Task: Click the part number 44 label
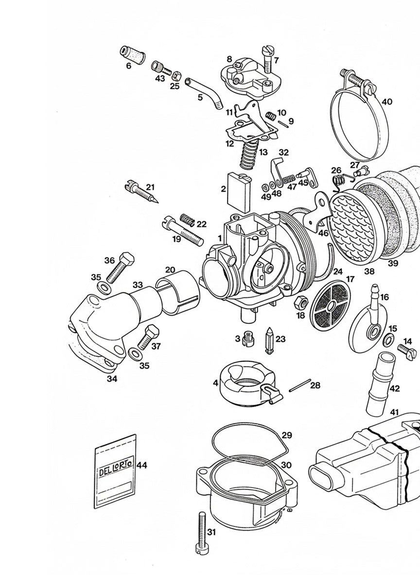tap(141, 465)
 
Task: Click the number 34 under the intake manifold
tap(112, 379)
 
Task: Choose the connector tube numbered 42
tap(378, 386)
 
